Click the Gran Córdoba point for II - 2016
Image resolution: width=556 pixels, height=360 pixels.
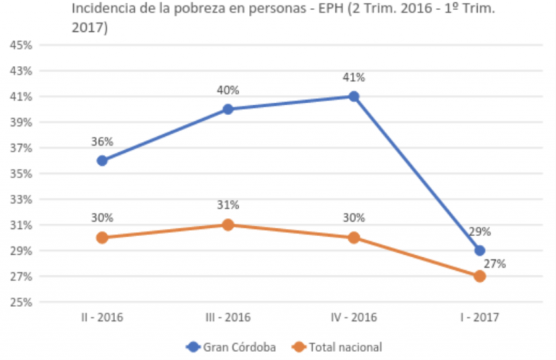point(102,161)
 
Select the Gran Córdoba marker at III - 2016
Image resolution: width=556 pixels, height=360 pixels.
point(228,109)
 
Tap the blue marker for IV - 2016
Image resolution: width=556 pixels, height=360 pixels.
point(354,96)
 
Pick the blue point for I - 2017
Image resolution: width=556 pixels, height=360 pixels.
point(480,251)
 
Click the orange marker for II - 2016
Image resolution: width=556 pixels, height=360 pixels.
point(102,238)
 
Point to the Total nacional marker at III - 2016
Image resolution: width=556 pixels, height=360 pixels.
point(228,225)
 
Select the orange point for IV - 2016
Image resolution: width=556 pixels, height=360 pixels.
point(354,238)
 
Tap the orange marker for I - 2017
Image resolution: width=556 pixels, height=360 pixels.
point(480,277)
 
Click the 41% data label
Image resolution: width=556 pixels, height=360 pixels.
point(354,78)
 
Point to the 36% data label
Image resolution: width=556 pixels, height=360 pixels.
point(102,142)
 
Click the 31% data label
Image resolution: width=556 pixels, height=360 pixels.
point(228,206)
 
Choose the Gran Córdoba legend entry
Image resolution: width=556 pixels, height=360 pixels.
point(231,347)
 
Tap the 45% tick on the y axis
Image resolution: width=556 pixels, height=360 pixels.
point(20,45)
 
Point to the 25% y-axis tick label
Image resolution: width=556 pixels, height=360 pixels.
point(20,302)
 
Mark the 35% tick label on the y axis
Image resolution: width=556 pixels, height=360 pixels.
point(20,174)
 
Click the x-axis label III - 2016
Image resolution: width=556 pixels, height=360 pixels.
point(228,317)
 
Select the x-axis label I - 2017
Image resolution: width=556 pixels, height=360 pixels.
point(480,317)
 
